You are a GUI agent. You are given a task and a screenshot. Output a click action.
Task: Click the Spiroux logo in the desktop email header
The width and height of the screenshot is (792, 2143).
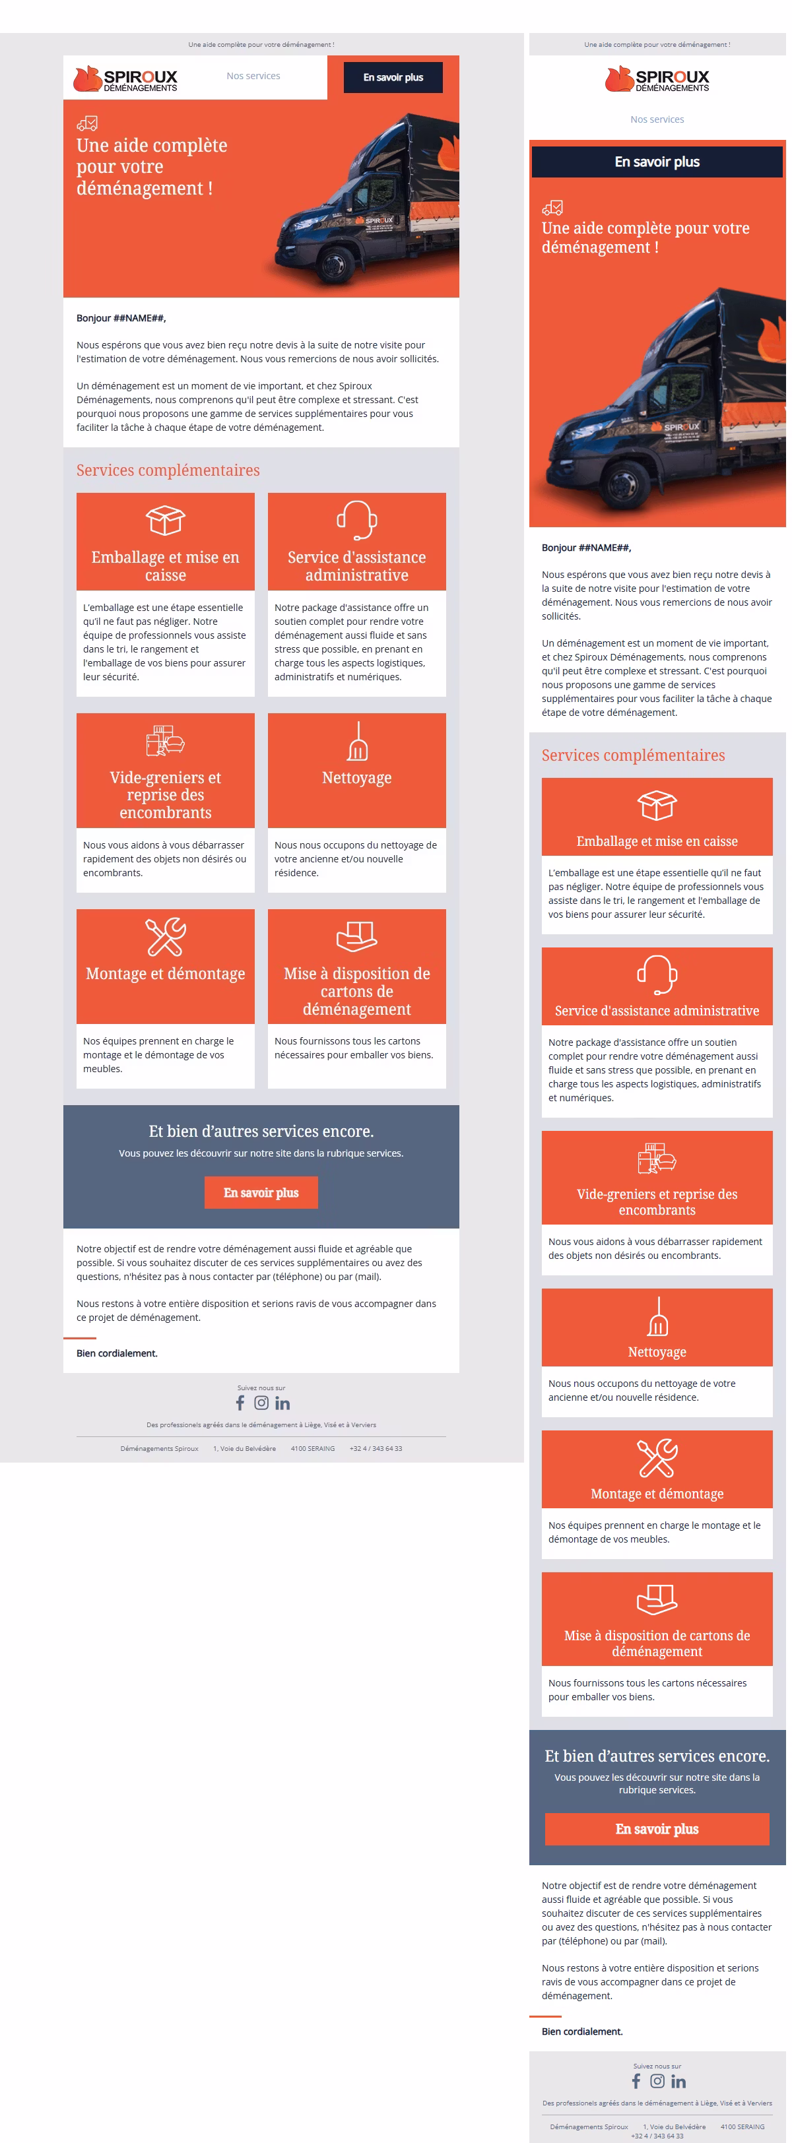click(125, 79)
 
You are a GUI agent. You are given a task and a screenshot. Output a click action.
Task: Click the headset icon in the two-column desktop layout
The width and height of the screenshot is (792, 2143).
click(357, 520)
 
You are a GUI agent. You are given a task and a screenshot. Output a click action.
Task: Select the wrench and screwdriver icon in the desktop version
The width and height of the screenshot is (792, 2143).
click(166, 937)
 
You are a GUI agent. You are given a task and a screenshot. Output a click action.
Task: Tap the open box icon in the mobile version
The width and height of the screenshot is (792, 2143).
click(657, 806)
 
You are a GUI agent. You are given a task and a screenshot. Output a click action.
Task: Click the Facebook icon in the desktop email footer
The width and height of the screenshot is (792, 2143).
click(240, 1403)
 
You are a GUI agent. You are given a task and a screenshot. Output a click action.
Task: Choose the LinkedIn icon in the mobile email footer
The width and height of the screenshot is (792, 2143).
click(679, 2082)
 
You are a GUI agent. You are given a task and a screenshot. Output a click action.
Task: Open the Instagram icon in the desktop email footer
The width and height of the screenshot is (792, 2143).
click(261, 1403)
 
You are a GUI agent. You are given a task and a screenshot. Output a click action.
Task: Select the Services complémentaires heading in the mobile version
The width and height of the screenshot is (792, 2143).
click(633, 755)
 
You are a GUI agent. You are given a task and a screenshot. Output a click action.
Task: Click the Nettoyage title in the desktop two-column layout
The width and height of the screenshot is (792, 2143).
click(357, 778)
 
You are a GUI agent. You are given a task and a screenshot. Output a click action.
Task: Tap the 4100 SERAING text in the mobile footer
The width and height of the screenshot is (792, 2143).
click(742, 2127)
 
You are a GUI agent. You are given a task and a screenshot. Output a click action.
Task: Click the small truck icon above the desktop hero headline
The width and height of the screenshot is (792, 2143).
click(86, 124)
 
